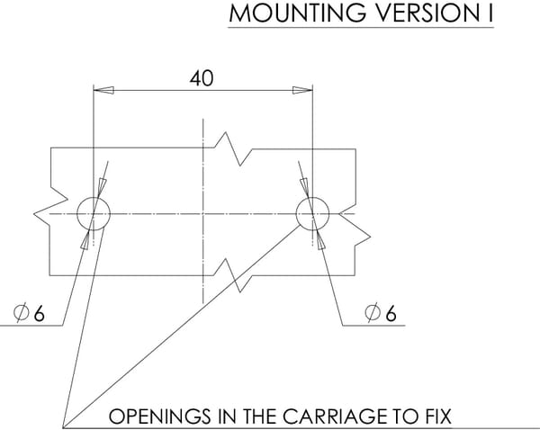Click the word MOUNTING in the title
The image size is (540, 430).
pyautogui.click(x=298, y=13)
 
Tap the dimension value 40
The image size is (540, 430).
pyautogui.click(x=202, y=78)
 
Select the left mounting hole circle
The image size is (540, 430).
pyautogui.click(x=76, y=213)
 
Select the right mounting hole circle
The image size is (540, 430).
pyautogui.click(x=296, y=213)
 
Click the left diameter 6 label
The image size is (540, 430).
pyautogui.click(x=29, y=313)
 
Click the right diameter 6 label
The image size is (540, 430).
pyautogui.click(x=381, y=313)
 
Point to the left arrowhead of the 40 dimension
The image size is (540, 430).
pyautogui.click(x=103, y=90)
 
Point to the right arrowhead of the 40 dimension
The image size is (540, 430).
pyautogui.click(x=302, y=90)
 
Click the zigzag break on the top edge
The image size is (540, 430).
pyautogui.click(x=233, y=148)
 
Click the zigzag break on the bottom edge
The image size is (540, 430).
pyautogui.click(x=233, y=275)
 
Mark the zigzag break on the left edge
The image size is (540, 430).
pyautogui.click(x=50, y=207)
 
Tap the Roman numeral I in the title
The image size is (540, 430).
pyautogui.click(x=490, y=13)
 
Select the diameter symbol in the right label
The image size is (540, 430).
pyautogui.click(x=373, y=313)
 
